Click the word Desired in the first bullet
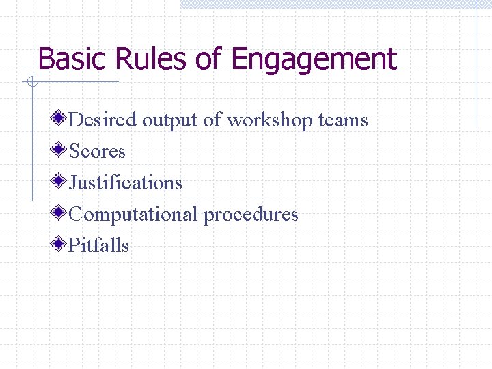click(x=103, y=120)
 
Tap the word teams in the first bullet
click(x=343, y=120)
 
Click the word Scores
click(x=98, y=152)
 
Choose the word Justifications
click(x=126, y=183)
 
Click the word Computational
click(x=133, y=215)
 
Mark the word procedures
click(x=251, y=215)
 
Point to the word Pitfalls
click(x=99, y=246)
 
